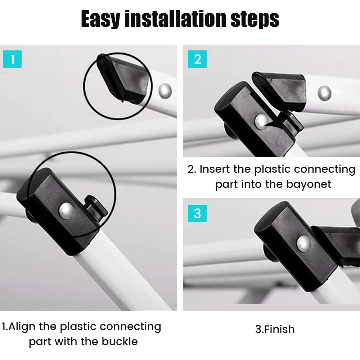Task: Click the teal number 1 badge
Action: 12,59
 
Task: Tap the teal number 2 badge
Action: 197,59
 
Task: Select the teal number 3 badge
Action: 197,213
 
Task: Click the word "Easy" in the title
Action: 100,19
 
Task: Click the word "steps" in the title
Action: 255,20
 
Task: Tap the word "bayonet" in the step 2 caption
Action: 309,184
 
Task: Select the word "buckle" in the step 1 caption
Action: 120,341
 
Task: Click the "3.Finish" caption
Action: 275,329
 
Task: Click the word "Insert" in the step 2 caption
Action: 215,169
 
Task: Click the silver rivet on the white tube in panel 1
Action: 165,91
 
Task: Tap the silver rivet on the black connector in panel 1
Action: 66,210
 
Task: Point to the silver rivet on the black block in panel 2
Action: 261,122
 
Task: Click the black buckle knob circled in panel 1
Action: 96,208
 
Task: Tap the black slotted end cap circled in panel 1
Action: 123,78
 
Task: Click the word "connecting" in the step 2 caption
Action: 325,170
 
